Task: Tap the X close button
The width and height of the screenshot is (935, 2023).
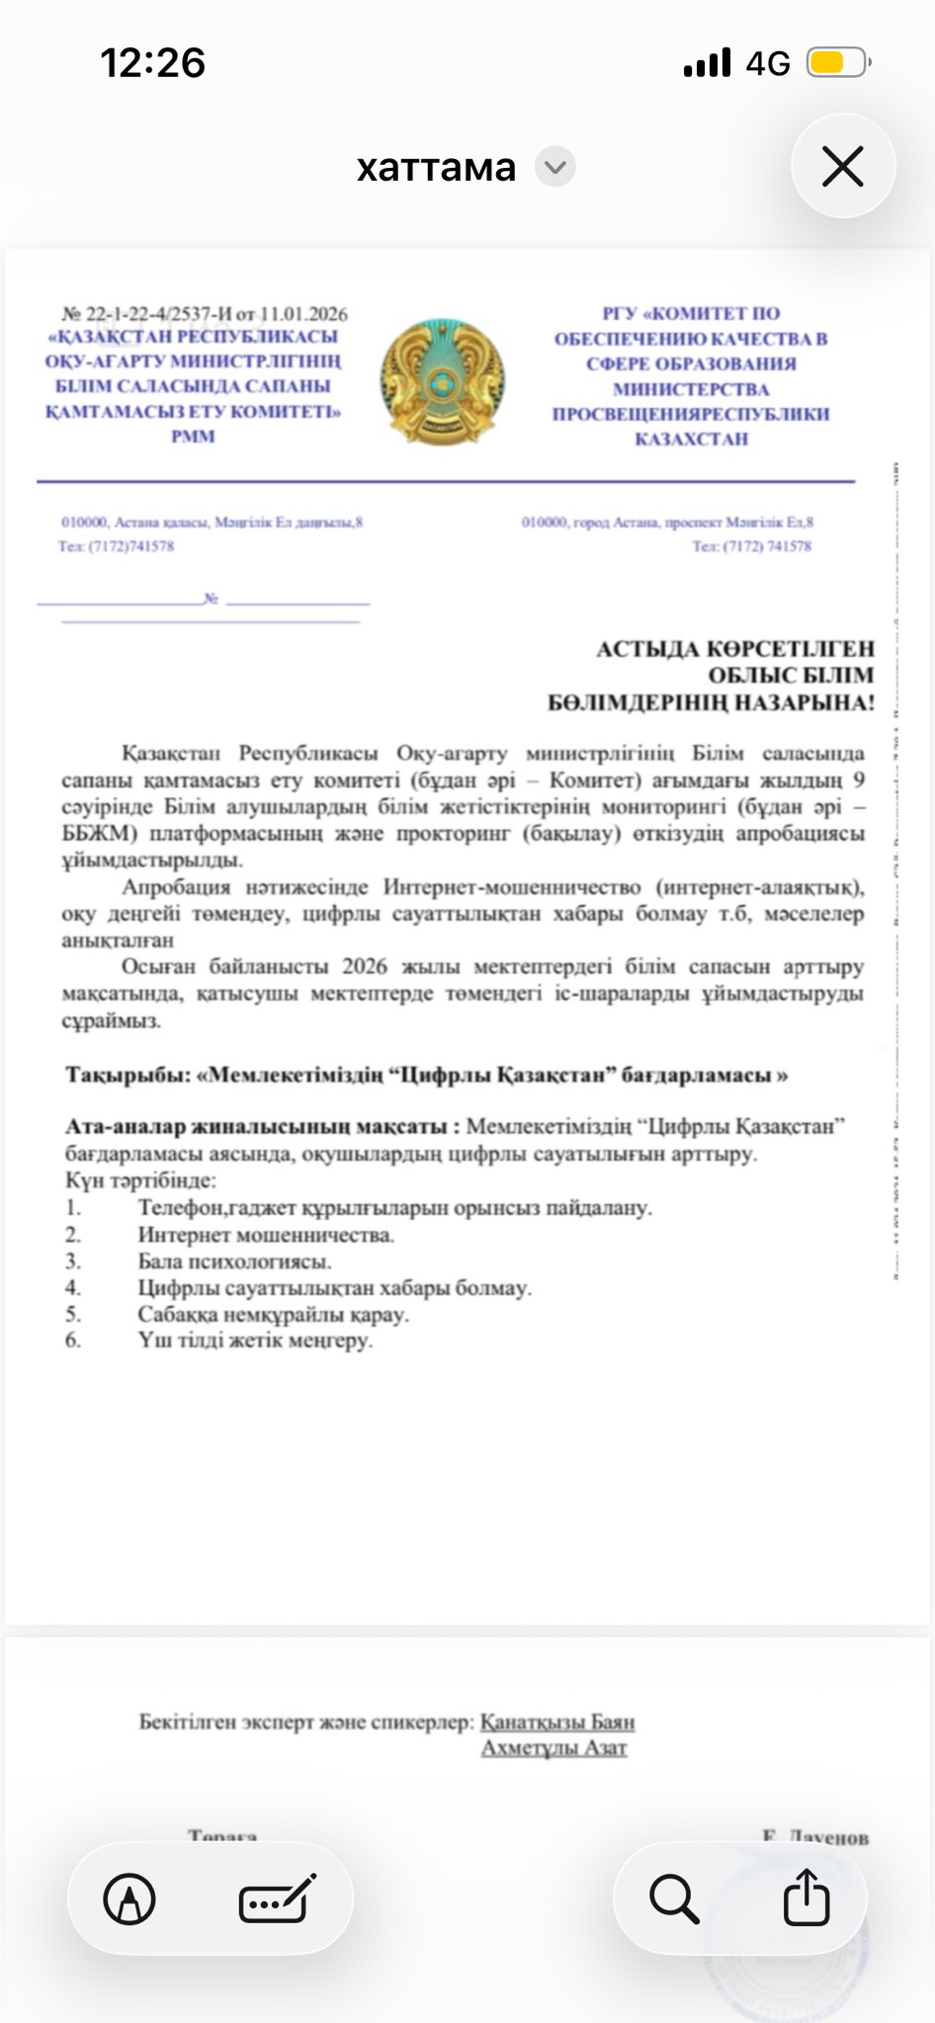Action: point(842,166)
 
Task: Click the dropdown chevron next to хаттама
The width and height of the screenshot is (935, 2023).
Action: point(555,167)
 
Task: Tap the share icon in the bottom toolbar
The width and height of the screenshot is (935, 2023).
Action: point(806,1898)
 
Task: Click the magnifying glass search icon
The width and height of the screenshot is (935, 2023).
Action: point(674,1899)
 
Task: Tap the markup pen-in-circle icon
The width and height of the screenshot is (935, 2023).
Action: point(129,1899)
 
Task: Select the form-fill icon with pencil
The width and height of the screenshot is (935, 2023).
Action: point(277,1899)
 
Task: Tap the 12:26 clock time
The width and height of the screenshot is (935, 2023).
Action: point(152,64)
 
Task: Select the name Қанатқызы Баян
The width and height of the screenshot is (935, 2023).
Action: point(557,1722)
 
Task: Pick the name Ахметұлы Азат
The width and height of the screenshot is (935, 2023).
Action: point(553,1747)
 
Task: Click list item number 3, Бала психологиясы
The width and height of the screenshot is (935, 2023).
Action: point(234,1261)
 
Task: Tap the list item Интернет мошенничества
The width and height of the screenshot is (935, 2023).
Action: point(266,1235)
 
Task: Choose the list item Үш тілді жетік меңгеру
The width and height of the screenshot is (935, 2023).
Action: point(255,1340)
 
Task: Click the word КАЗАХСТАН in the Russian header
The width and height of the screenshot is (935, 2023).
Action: point(691,439)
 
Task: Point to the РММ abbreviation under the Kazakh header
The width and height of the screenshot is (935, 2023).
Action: point(193,436)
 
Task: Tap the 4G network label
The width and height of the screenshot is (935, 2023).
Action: point(768,64)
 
